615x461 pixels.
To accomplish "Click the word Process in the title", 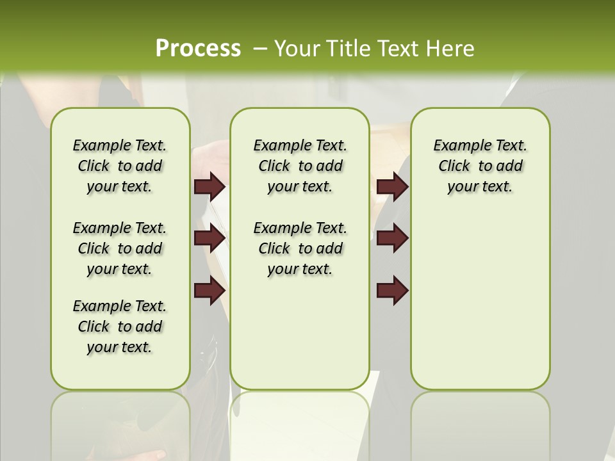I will (198, 48).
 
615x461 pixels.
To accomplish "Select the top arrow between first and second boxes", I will (209, 186).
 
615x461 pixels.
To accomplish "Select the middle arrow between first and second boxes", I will (209, 238).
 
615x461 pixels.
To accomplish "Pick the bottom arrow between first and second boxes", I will (209, 290).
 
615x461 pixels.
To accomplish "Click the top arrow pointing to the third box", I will (392, 186).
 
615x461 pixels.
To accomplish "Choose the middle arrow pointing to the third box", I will (392, 238).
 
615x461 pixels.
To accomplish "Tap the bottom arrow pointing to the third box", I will (392, 290).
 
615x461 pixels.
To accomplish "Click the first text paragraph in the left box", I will (120, 166).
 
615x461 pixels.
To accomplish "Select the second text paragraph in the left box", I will (120, 248).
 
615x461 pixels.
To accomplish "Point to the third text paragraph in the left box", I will (120, 327).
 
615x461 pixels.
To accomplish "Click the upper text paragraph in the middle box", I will (300, 166).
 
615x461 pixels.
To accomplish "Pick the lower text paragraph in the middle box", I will (300, 248).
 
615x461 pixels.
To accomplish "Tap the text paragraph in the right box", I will (480, 166).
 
